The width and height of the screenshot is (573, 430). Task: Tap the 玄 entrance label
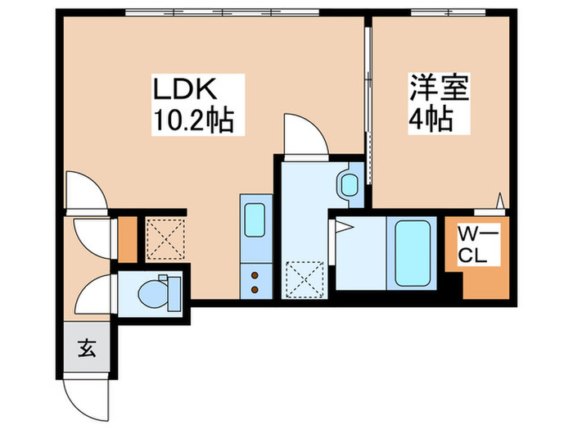pos(86,349)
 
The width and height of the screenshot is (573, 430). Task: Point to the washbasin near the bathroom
pos(350,184)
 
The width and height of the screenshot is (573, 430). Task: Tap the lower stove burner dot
pos(255,289)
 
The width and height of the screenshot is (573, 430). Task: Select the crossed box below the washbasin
pos(305,278)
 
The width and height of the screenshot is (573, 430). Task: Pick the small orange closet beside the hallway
pos(128,238)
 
